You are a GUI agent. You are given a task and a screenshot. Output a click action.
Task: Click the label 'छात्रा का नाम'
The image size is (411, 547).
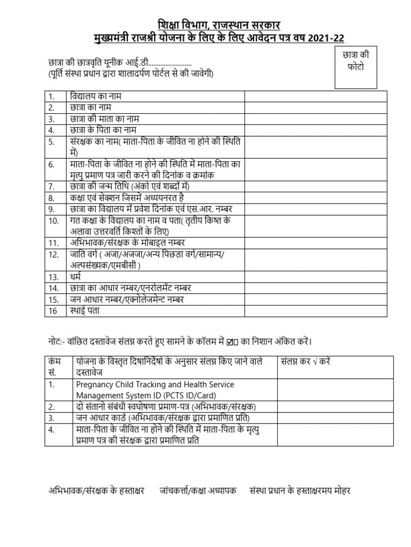coord(89,107)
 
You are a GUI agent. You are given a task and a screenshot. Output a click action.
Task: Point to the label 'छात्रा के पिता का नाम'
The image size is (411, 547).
coord(103,130)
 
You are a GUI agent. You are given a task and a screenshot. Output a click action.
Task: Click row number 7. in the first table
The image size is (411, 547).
coord(52,186)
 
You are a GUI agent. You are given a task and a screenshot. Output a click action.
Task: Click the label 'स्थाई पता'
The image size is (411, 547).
coord(85,310)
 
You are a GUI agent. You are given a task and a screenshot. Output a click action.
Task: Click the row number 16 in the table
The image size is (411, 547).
coord(52,310)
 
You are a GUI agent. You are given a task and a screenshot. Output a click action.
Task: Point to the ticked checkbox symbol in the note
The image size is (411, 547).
coord(231,341)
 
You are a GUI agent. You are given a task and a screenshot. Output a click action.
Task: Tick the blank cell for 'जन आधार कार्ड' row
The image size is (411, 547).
coord(334,417)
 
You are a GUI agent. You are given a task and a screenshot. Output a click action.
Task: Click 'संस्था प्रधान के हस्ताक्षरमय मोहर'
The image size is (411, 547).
coord(300,491)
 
